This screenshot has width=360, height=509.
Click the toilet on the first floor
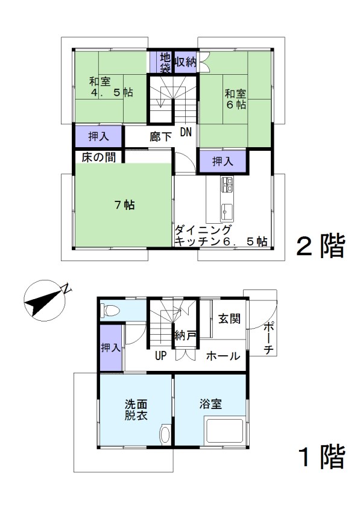pos(110,310)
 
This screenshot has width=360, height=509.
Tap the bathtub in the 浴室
pos(225,432)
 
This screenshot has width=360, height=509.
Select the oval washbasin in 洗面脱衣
pos(165,434)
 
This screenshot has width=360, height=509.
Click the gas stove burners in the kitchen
pos(227,184)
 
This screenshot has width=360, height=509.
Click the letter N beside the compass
pos(67,287)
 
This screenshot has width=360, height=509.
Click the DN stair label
pos(186,132)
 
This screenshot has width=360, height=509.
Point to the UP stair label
pos(160,356)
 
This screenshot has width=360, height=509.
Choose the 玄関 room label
pos(230,318)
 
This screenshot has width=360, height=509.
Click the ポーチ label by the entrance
pos(269,338)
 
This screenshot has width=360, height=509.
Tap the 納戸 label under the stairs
pos(185,335)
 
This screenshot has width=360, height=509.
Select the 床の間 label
pos(99,157)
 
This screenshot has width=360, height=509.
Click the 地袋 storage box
pos(162,62)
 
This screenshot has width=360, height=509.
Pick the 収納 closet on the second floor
pos(186,62)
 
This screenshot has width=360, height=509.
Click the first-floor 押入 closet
pos(111,347)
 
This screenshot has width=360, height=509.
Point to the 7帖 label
pos(125,205)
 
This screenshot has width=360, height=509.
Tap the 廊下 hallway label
pos(160,137)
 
